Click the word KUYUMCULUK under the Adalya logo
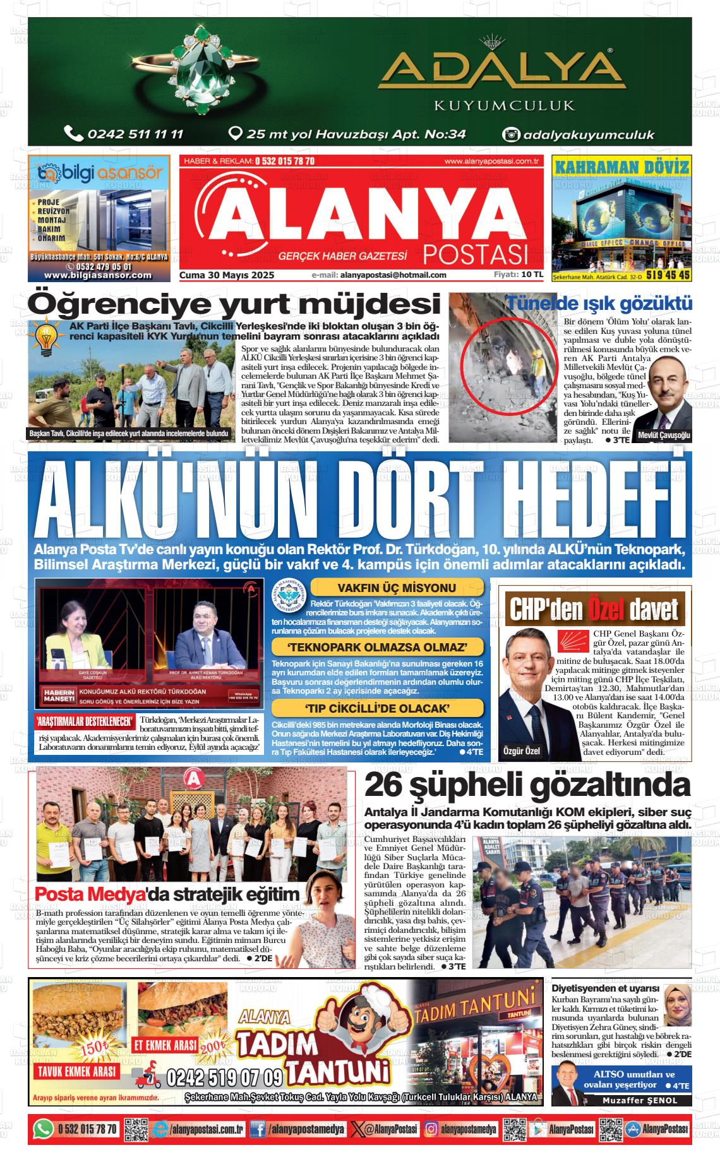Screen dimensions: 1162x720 504,105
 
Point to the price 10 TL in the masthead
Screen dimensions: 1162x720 532,275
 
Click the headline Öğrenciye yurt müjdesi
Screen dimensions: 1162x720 234,304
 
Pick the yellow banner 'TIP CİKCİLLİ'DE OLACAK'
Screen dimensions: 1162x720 378,708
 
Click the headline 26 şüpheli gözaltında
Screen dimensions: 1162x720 527,786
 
